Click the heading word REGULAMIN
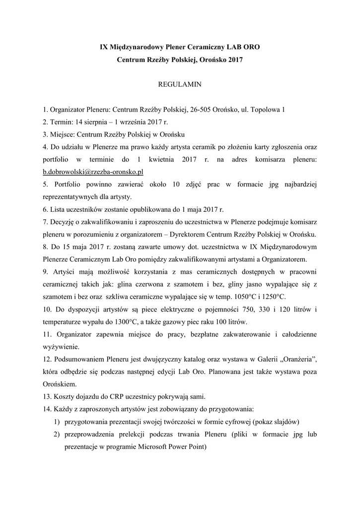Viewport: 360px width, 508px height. pyautogui.click(x=179, y=85)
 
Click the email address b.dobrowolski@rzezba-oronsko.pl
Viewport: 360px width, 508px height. pyautogui.click(x=93, y=172)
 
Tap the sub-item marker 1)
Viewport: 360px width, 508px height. pyautogui.click(x=56, y=422)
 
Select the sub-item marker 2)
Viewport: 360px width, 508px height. pyautogui.click(x=56, y=434)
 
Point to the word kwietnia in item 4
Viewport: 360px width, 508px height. pyautogui.click(x=170, y=159)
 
